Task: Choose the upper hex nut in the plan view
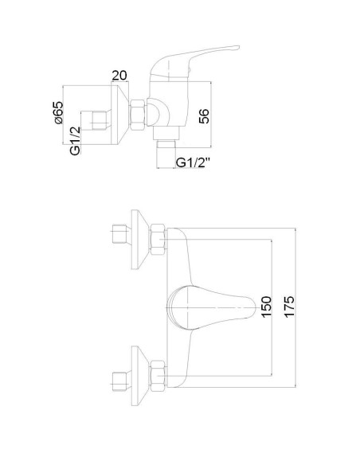(x=157, y=235)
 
